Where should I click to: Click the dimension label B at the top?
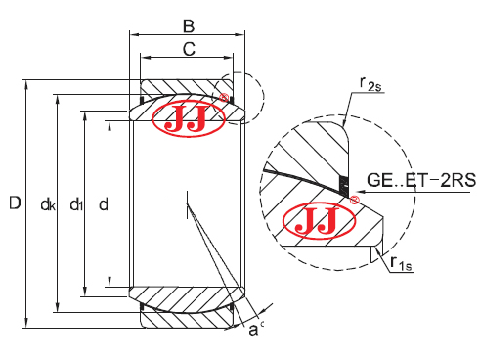[x=189, y=25]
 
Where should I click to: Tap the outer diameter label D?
[x=13, y=203]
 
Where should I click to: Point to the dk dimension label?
[x=47, y=203]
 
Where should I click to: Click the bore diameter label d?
[x=103, y=203]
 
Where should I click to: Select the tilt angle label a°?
[x=255, y=331]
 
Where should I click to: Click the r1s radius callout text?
[x=396, y=261]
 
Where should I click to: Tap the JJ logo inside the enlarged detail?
[x=314, y=220]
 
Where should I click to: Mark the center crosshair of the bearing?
[x=185, y=203]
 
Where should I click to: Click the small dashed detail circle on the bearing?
[x=239, y=97]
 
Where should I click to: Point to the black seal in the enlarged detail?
[x=342, y=183]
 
